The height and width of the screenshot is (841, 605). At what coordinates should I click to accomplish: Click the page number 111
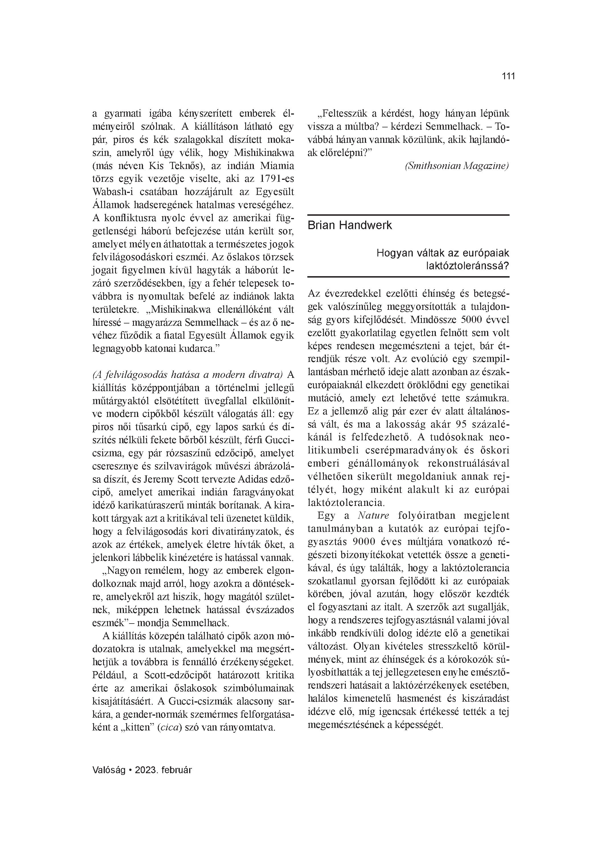click(508, 76)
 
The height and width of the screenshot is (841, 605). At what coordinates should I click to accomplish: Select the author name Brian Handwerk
click(349, 225)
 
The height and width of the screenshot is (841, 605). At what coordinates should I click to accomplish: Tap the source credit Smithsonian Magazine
click(457, 166)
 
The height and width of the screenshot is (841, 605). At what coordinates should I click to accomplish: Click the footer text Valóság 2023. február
click(142, 770)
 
